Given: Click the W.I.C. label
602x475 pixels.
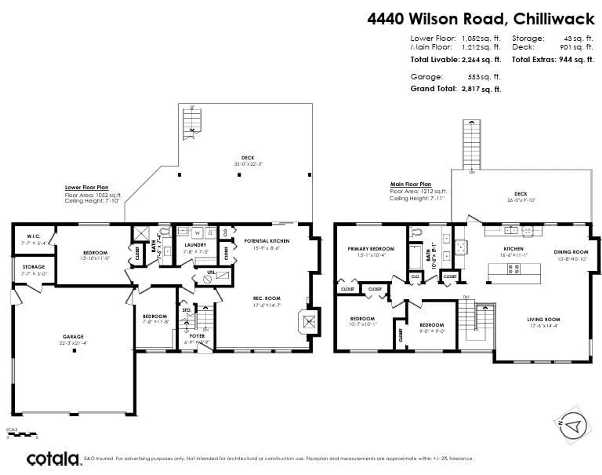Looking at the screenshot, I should [34, 236].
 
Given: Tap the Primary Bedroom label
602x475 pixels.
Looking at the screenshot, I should [371, 249].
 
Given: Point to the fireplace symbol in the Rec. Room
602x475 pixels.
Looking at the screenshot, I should [309, 322].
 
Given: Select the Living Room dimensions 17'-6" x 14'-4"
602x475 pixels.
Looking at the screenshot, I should [543, 326].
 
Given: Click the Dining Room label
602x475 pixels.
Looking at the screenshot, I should [571, 252].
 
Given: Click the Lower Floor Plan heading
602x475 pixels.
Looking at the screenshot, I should [87, 187].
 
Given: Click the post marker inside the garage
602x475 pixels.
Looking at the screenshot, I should [74, 351].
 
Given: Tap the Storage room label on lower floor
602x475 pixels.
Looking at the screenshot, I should [34, 267].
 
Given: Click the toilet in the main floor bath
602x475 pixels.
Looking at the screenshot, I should [416, 232].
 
